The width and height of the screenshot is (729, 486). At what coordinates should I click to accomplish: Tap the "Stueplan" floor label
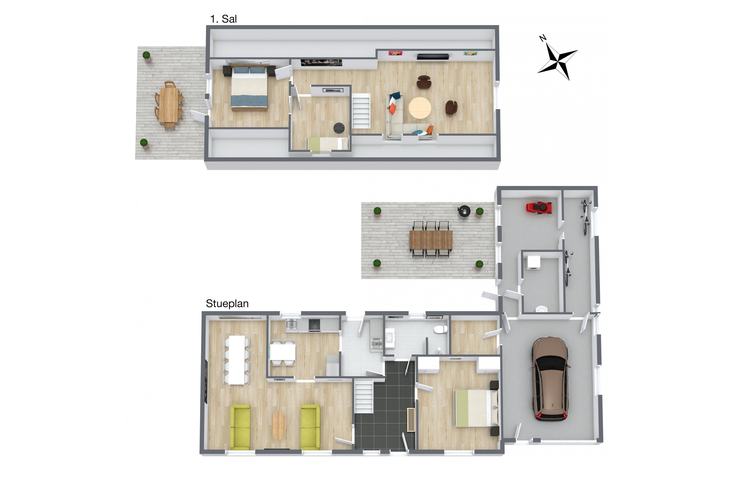click(227, 304)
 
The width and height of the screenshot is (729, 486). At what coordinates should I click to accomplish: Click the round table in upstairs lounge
click(420, 108)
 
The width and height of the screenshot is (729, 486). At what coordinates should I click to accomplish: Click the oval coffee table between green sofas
click(279, 425)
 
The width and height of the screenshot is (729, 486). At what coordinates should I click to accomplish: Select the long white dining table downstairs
click(237, 360)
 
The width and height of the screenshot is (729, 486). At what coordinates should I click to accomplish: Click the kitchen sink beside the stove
click(291, 324)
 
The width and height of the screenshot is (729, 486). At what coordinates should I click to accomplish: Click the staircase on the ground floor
click(364, 396)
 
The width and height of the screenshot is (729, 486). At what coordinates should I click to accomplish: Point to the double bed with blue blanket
click(249, 88)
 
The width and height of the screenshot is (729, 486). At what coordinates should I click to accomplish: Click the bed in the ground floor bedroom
click(476, 408)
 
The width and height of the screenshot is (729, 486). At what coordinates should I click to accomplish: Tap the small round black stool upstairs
click(339, 128)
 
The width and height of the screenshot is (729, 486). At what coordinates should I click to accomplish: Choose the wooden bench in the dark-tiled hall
click(411, 420)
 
